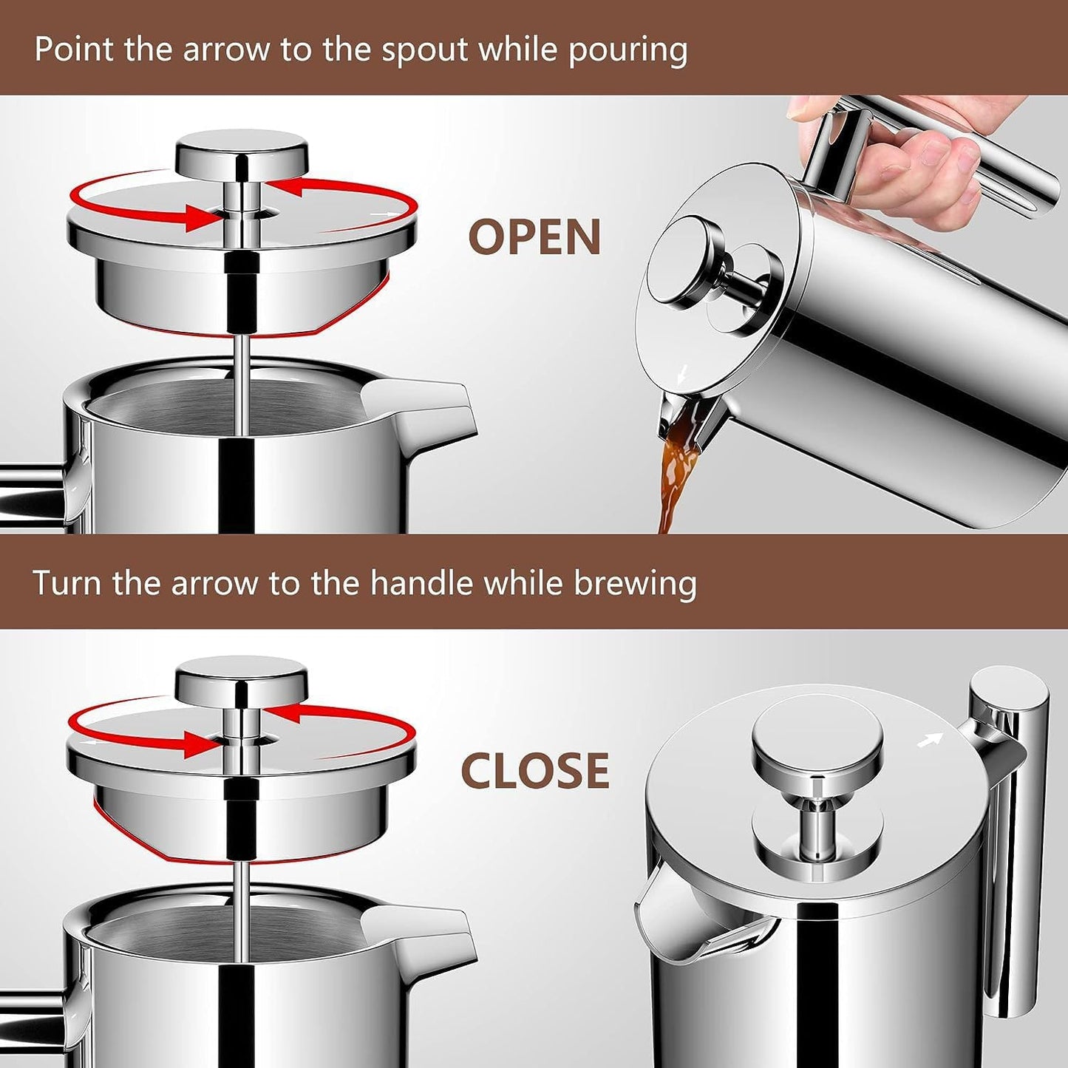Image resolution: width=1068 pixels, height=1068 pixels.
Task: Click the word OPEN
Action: [x=534, y=237]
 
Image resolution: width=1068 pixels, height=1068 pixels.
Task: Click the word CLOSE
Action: [x=535, y=771]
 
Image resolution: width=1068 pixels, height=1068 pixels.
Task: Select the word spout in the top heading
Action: [x=424, y=50]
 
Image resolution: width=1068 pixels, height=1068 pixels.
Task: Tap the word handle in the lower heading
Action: [x=421, y=583]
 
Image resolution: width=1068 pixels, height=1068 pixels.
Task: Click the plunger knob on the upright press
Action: [x=817, y=743]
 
